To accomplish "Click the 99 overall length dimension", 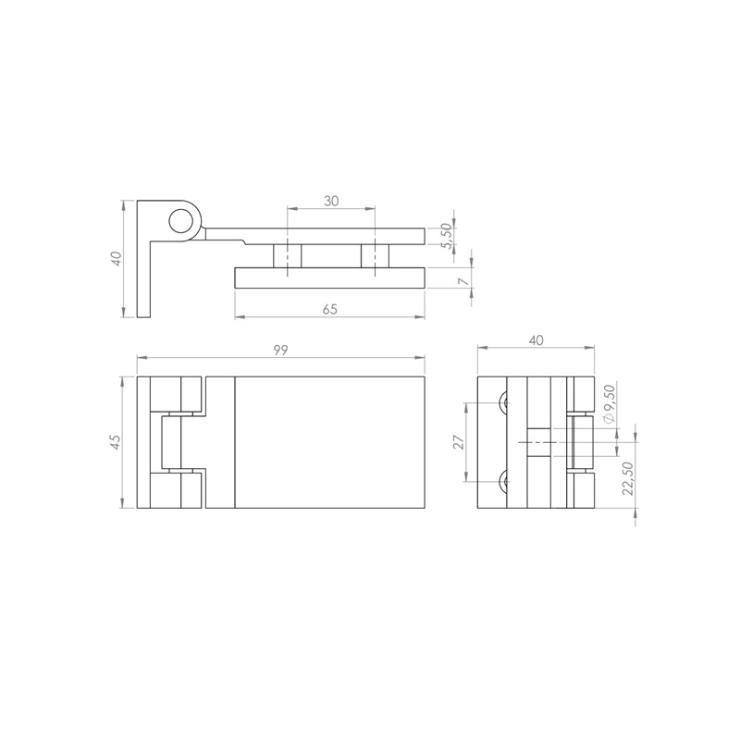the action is pyautogui.click(x=280, y=350).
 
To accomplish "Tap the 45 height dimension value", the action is pyautogui.click(x=116, y=442).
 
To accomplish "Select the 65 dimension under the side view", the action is pyautogui.click(x=330, y=309).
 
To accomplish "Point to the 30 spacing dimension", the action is pyautogui.click(x=331, y=201).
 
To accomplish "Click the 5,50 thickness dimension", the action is pyautogui.click(x=448, y=236).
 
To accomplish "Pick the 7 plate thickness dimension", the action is pyautogui.click(x=464, y=282).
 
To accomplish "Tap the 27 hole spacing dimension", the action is pyautogui.click(x=459, y=442).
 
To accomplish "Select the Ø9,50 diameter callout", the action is pyautogui.click(x=610, y=404).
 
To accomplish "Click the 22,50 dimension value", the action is pyautogui.click(x=628, y=478).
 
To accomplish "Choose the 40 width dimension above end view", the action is pyautogui.click(x=536, y=339).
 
